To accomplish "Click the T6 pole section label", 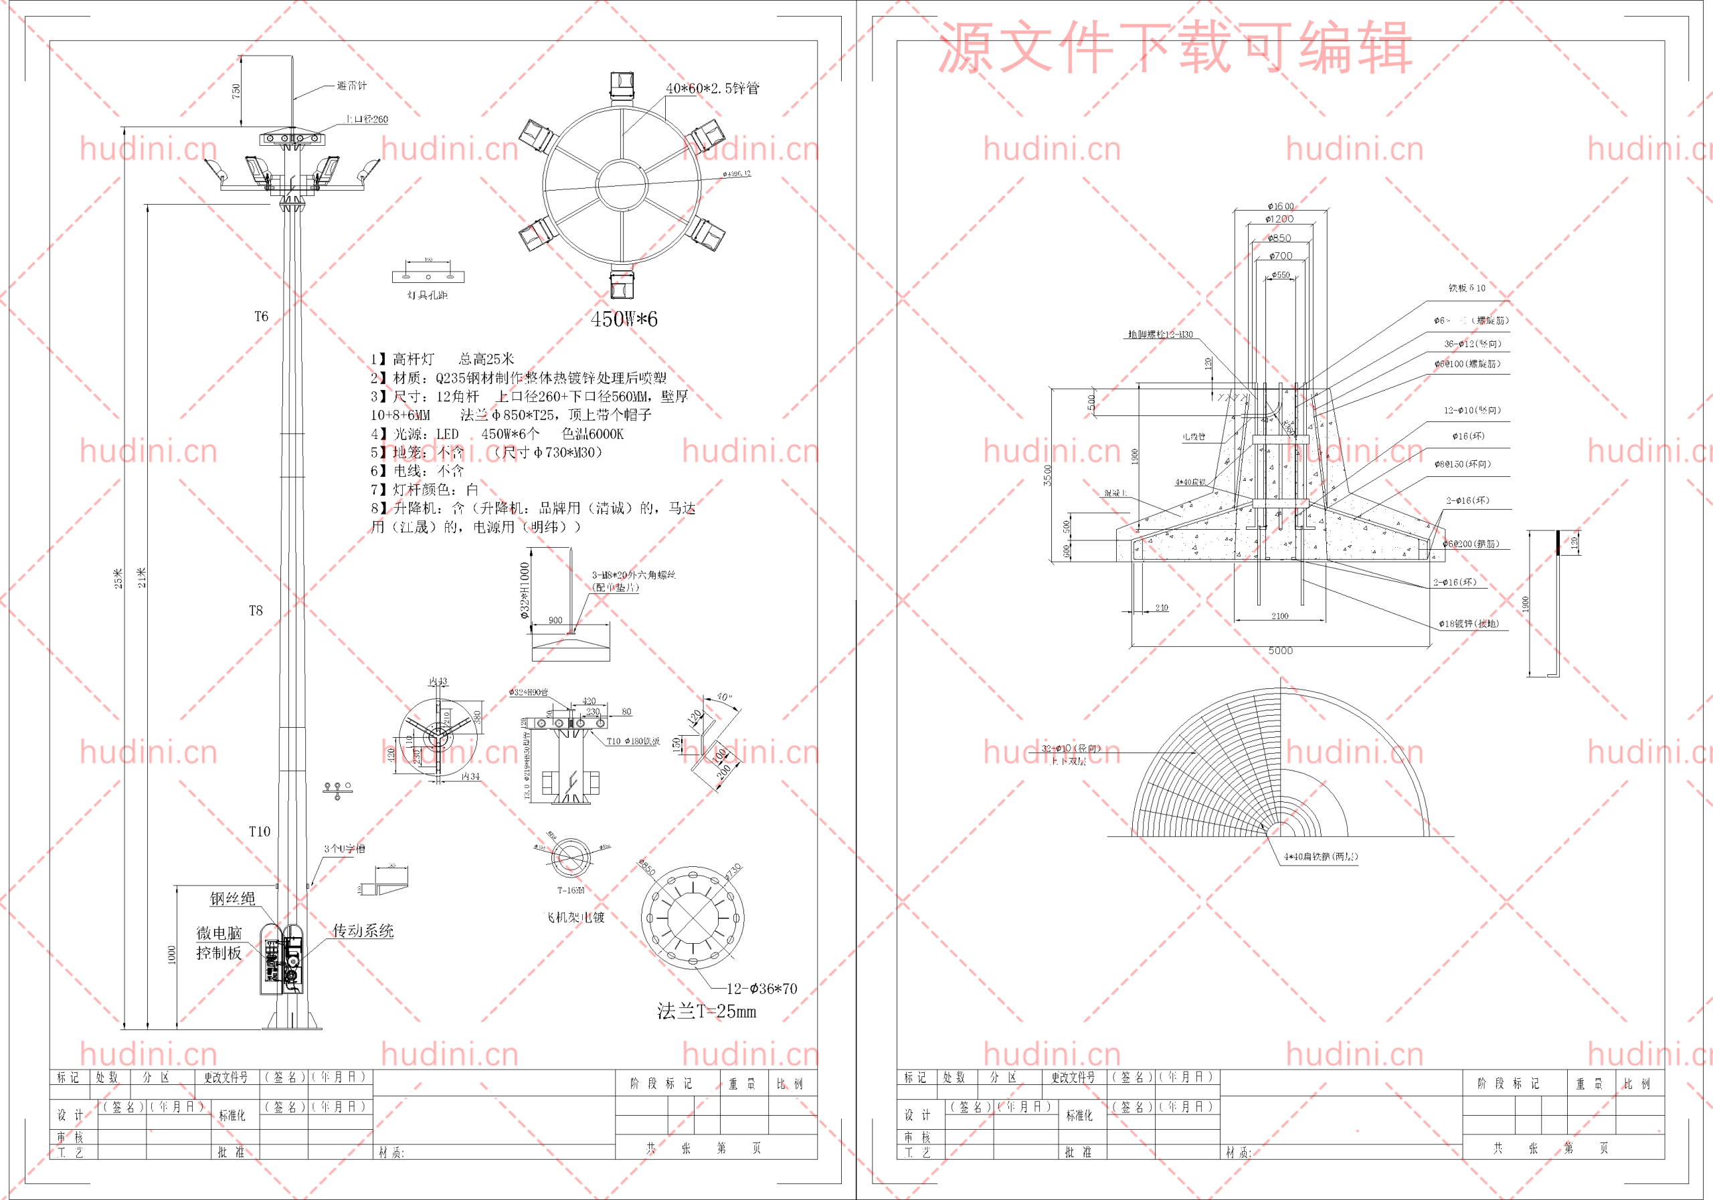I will click(261, 317).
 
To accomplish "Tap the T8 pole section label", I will click(256, 611).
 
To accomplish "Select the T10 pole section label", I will click(260, 831).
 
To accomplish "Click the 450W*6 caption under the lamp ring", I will click(624, 319).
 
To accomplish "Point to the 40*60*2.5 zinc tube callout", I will click(713, 89).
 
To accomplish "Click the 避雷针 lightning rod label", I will click(351, 86).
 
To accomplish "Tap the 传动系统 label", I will click(363, 930).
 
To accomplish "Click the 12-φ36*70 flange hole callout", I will click(761, 989).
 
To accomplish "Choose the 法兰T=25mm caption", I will click(707, 1012).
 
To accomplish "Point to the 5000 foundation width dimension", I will click(1280, 651).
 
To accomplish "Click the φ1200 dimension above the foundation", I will click(1279, 219).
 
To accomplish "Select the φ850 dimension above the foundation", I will click(1279, 239).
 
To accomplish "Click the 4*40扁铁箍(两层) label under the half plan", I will click(1321, 857).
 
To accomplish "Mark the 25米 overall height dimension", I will click(118, 579).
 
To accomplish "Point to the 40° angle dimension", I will click(724, 698).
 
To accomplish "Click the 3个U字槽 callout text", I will click(345, 849).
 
